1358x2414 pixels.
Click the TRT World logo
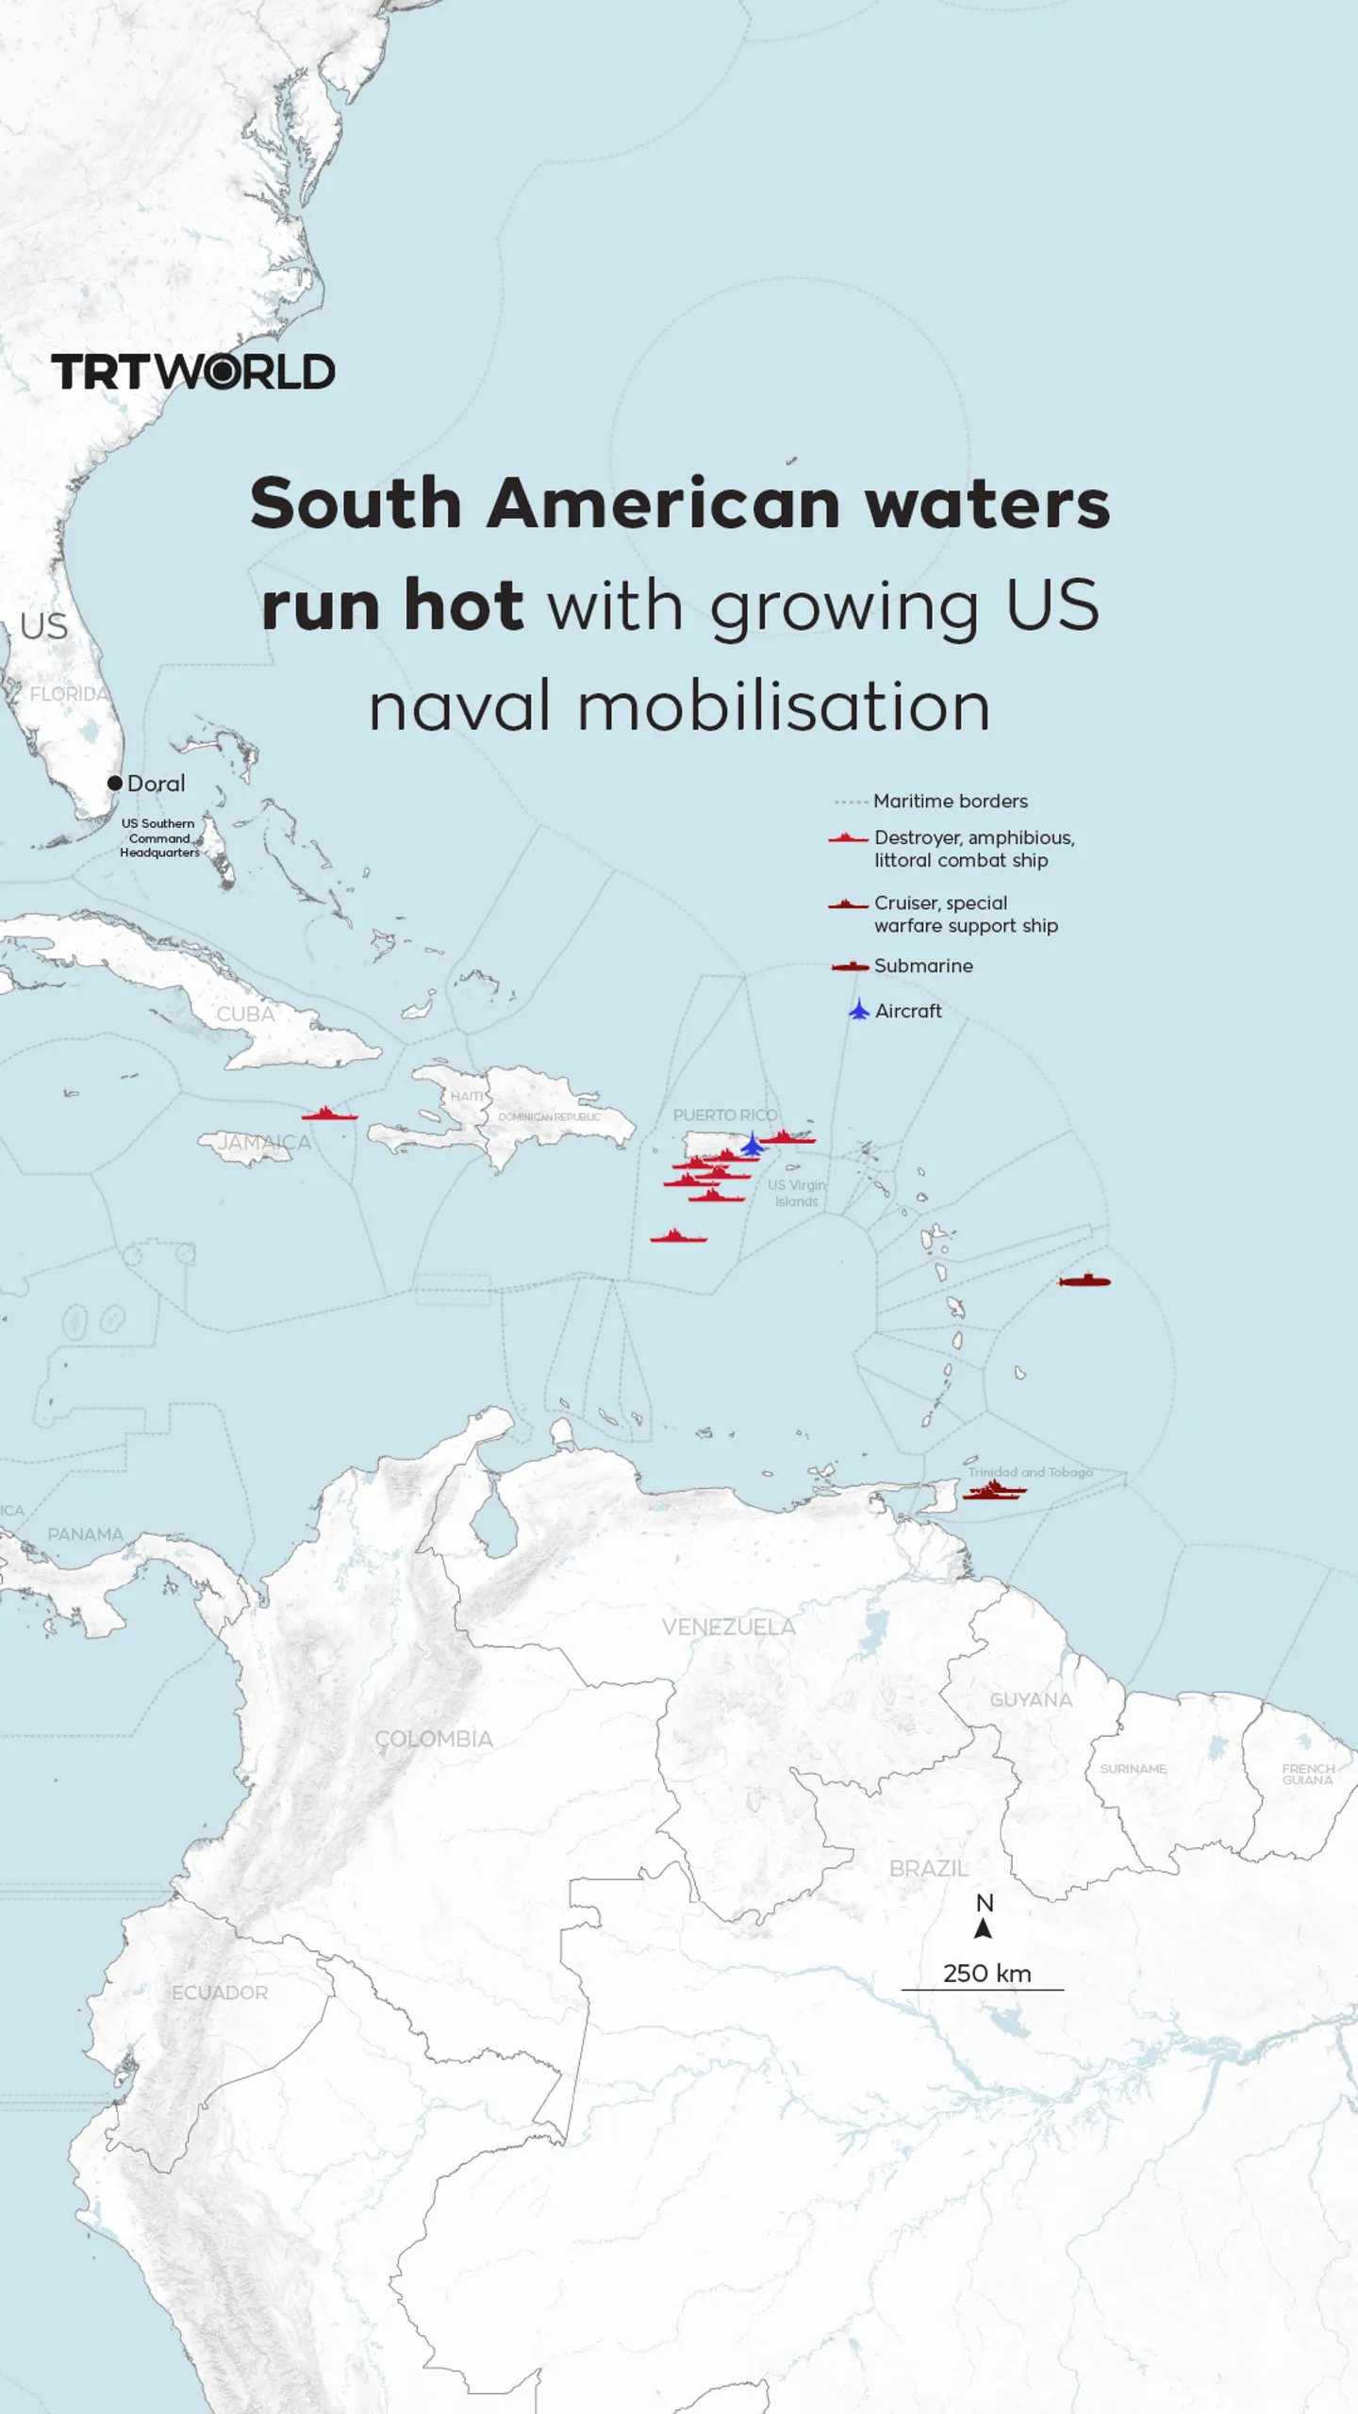[193, 372]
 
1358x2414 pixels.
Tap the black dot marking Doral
[115, 783]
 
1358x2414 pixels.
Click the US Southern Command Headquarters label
[159, 837]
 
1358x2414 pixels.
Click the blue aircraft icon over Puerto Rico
[753, 1145]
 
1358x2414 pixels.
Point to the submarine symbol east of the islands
[1085, 1281]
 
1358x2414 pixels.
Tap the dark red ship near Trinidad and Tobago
[995, 1491]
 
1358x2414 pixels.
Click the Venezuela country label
[728, 1627]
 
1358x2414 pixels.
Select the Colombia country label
[434, 1739]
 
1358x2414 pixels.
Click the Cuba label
[245, 1015]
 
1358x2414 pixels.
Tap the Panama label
[85, 1534]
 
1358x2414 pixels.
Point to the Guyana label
[1031, 1699]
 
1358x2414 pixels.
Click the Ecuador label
[220, 1992]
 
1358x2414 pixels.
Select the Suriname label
[1133, 1769]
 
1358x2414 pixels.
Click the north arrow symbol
[984, 1928]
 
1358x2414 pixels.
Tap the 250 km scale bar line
[983, 1990]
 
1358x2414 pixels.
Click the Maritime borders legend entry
[950, 802]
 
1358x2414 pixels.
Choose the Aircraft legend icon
[858, 1011]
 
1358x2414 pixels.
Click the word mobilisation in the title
[784, 707]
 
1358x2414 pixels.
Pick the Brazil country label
[928, 1868]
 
